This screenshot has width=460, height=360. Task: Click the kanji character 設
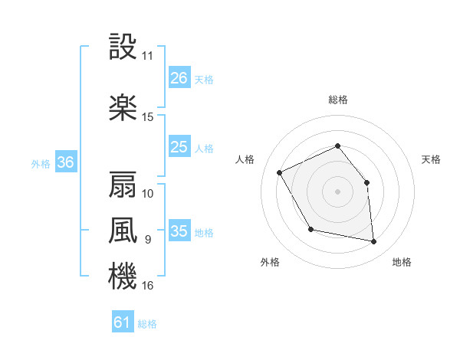tap(123, 48)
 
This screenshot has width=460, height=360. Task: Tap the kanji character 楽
tap(123, 107)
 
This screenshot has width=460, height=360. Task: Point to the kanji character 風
tap(123, 231)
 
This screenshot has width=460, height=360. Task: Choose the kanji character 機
tap(123, 277)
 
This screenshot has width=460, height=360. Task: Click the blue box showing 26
tap(179, 78)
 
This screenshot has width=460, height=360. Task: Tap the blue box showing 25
tap(179, 147)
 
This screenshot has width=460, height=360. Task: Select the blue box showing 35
tap(179, 231)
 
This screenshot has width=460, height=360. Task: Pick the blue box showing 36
tap(65, 162)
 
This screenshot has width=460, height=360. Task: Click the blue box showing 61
tap(123, 322)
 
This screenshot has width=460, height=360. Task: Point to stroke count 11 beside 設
tap(148, 56)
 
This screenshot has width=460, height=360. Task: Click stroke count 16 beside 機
tap(148, 286)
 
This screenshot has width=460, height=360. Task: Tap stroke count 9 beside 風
tap(148, 240)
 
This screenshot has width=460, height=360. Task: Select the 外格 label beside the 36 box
tap(41, 163)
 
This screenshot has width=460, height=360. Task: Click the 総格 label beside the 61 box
tap(147, 324)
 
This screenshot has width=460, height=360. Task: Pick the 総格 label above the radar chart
tap(337, 100)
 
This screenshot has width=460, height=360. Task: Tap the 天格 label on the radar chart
tap(432, 159)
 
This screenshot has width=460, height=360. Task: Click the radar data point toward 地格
tap(374, 242)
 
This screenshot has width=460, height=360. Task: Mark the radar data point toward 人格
tap(280, 172)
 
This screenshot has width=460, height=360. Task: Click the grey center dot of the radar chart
tap(337, 191)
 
